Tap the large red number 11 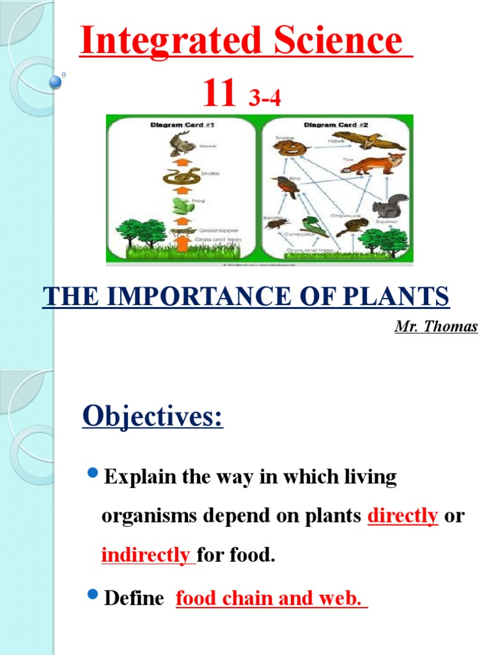tap(219, 94)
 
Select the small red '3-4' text tap(265, 99)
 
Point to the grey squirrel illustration tap(390, 206)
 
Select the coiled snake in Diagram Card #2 tap(286, 148)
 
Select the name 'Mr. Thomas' tap(436, 327)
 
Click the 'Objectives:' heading tap(153, 418)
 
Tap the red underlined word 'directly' tap(403, 516)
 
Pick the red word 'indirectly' tap(146, 555)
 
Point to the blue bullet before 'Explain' tap(92, 474)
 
